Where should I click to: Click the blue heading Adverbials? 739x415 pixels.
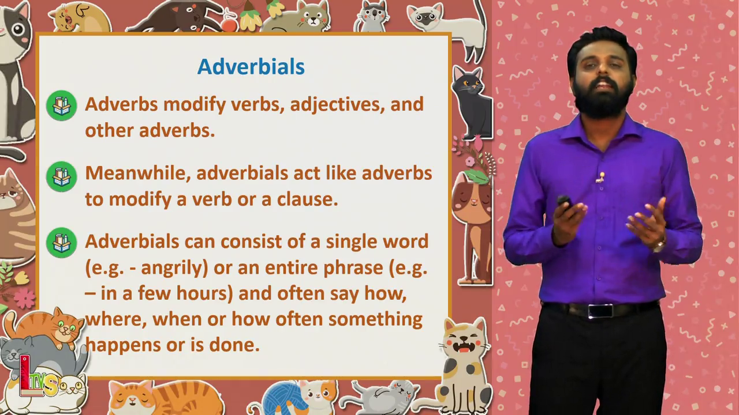coord(251,67)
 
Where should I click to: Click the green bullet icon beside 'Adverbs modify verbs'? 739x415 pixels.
coord(62,105)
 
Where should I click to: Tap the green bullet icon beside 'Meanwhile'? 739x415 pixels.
coord(62,176)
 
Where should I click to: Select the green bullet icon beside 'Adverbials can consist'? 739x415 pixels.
coord(62,243)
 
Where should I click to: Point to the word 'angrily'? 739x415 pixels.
coord(174,269)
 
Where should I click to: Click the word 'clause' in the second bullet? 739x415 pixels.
coord(307,199)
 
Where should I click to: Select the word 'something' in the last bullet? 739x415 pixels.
coord(375,320)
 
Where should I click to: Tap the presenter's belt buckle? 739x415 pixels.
coord(600,311)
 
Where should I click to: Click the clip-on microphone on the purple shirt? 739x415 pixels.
coord(601,177)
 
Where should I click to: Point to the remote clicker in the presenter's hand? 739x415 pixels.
coord(565,203)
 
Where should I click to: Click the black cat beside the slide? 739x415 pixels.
coord(472,103)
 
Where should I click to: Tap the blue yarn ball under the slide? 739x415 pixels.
coord(283,398)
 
